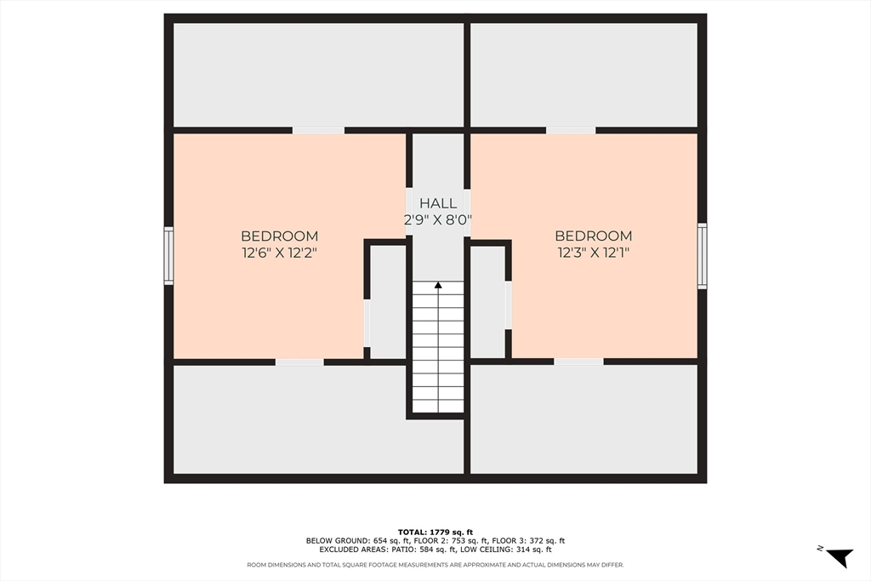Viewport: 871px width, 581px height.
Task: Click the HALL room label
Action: click(438, 203)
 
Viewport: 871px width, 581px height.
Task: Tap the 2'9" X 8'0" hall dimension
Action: click(438, 219)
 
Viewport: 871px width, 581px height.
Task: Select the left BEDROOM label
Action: click(279, 236)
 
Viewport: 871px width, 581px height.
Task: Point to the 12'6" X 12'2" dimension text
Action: click(279, 253)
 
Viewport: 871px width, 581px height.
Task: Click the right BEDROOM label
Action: click(593, 236)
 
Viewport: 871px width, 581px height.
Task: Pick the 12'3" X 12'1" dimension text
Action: click(593, 253)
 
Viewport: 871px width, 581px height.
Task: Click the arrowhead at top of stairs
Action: click(438, 286)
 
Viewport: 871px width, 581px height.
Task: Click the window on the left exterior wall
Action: click(168, 255)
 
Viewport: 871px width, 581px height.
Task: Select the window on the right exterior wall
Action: click(702, 255)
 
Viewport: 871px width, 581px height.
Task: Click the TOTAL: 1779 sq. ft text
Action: click(435, 532)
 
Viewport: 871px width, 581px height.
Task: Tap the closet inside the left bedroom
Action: click(388, 302)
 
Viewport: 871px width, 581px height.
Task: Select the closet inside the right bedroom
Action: click(487, 302)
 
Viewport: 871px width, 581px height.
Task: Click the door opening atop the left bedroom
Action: click(318, 130)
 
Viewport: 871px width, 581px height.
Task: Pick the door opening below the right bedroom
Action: click(578, 362)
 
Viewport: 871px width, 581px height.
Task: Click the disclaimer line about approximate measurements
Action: click(435, 565)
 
